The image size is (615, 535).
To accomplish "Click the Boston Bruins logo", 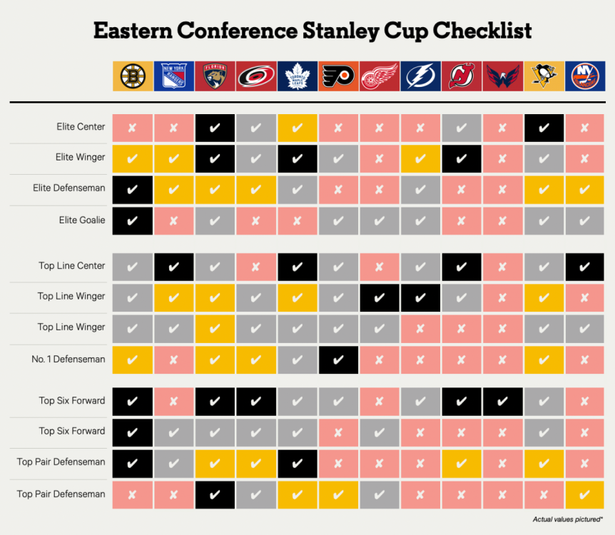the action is [133, 76].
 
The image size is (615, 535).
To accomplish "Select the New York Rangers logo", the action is [174, 76].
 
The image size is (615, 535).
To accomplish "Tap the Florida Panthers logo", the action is [215, 76].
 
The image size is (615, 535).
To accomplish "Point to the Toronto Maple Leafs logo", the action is [298, 76].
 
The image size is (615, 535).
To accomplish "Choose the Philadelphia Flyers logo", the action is [338, 76].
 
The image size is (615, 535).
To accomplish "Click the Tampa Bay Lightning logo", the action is [420, 76].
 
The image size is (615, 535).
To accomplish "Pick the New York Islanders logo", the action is [585, 76].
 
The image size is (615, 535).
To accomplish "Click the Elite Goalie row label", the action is [82, 220].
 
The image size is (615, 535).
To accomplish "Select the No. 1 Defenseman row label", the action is [68, 359].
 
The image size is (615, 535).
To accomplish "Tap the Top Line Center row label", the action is [72, 265].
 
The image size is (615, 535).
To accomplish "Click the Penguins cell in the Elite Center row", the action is [544, 128].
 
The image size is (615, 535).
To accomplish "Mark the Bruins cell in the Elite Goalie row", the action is [133, 221].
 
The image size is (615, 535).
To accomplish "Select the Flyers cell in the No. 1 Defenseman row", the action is [338, 360].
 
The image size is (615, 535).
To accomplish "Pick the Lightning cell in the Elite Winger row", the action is [420, 158].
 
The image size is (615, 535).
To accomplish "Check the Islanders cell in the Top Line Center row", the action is [584, 267].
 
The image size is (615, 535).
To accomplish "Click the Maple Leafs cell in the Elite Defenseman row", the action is [298, 190].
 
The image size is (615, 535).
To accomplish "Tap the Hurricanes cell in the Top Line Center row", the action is [255, 267].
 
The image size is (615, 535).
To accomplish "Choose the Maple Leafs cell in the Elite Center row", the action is [298, 128].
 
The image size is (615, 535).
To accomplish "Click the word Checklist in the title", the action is [482, 31].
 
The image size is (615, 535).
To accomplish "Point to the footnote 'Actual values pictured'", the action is [567, 519].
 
